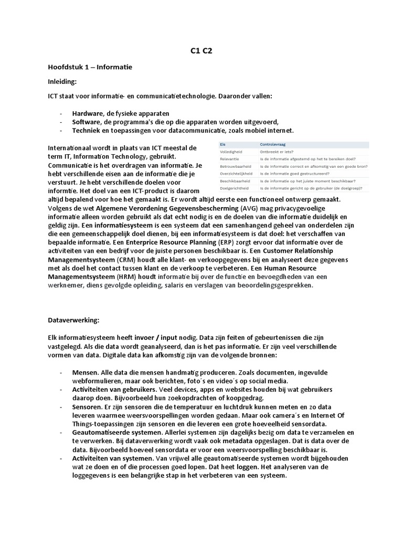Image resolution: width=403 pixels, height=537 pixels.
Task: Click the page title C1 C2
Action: [x=201, y=51]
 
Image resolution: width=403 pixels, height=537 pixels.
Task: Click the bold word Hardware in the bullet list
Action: [x=88, y=113]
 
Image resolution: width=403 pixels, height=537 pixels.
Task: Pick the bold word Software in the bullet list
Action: [x=87, y=122]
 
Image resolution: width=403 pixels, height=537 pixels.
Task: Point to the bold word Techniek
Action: [x=87, y=130]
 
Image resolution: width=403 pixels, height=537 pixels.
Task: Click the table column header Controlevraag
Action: [x=273, y=144]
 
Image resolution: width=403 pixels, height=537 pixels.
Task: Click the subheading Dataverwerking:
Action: [x=73, y=319]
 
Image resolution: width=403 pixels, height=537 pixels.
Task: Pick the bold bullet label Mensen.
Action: [x=86, y=372]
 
